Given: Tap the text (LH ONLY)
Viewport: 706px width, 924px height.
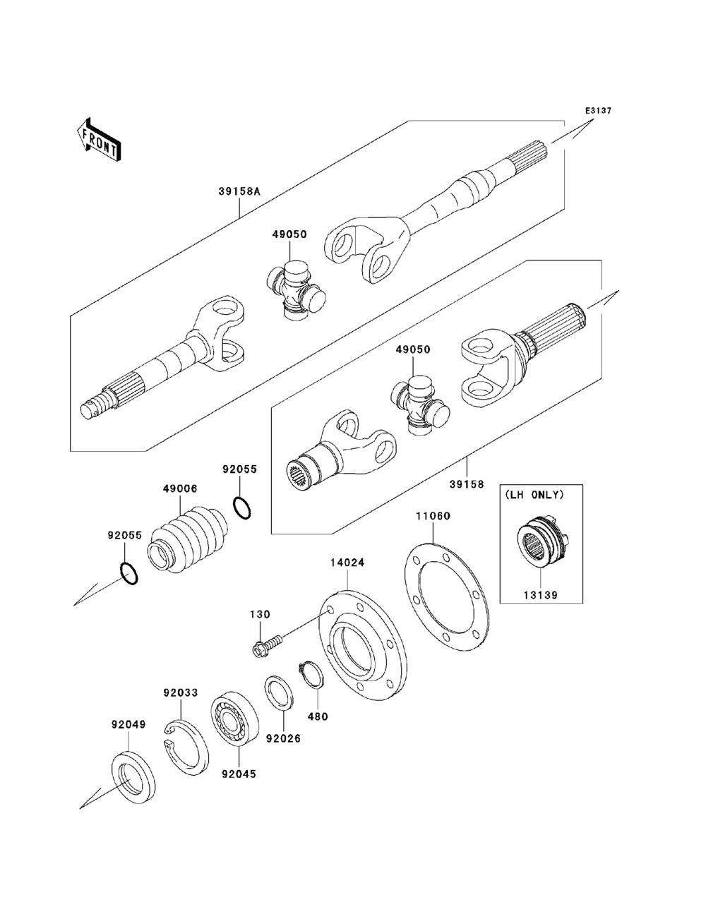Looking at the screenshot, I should pos(542,496).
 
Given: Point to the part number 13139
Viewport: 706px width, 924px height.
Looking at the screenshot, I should pos(542,595).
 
